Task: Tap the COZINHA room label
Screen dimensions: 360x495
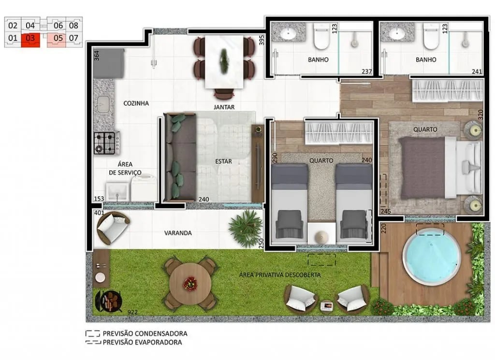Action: click(x=136, y=103)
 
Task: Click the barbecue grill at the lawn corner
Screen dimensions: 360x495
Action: click(x=109, y=302)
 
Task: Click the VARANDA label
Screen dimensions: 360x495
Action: click(x=178, y=233)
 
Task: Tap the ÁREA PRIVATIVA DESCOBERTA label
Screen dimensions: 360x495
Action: click(x=280, y=275)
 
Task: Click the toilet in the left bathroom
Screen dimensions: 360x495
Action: click(x=321, y=39)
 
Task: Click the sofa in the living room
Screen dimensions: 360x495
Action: click(x=180, y=157)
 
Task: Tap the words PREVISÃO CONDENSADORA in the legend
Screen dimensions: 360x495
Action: click(x=145, y=333)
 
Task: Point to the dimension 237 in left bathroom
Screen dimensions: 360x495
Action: click(x=366, y=72)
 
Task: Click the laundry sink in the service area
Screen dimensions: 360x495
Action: click(x=117, y=191)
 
